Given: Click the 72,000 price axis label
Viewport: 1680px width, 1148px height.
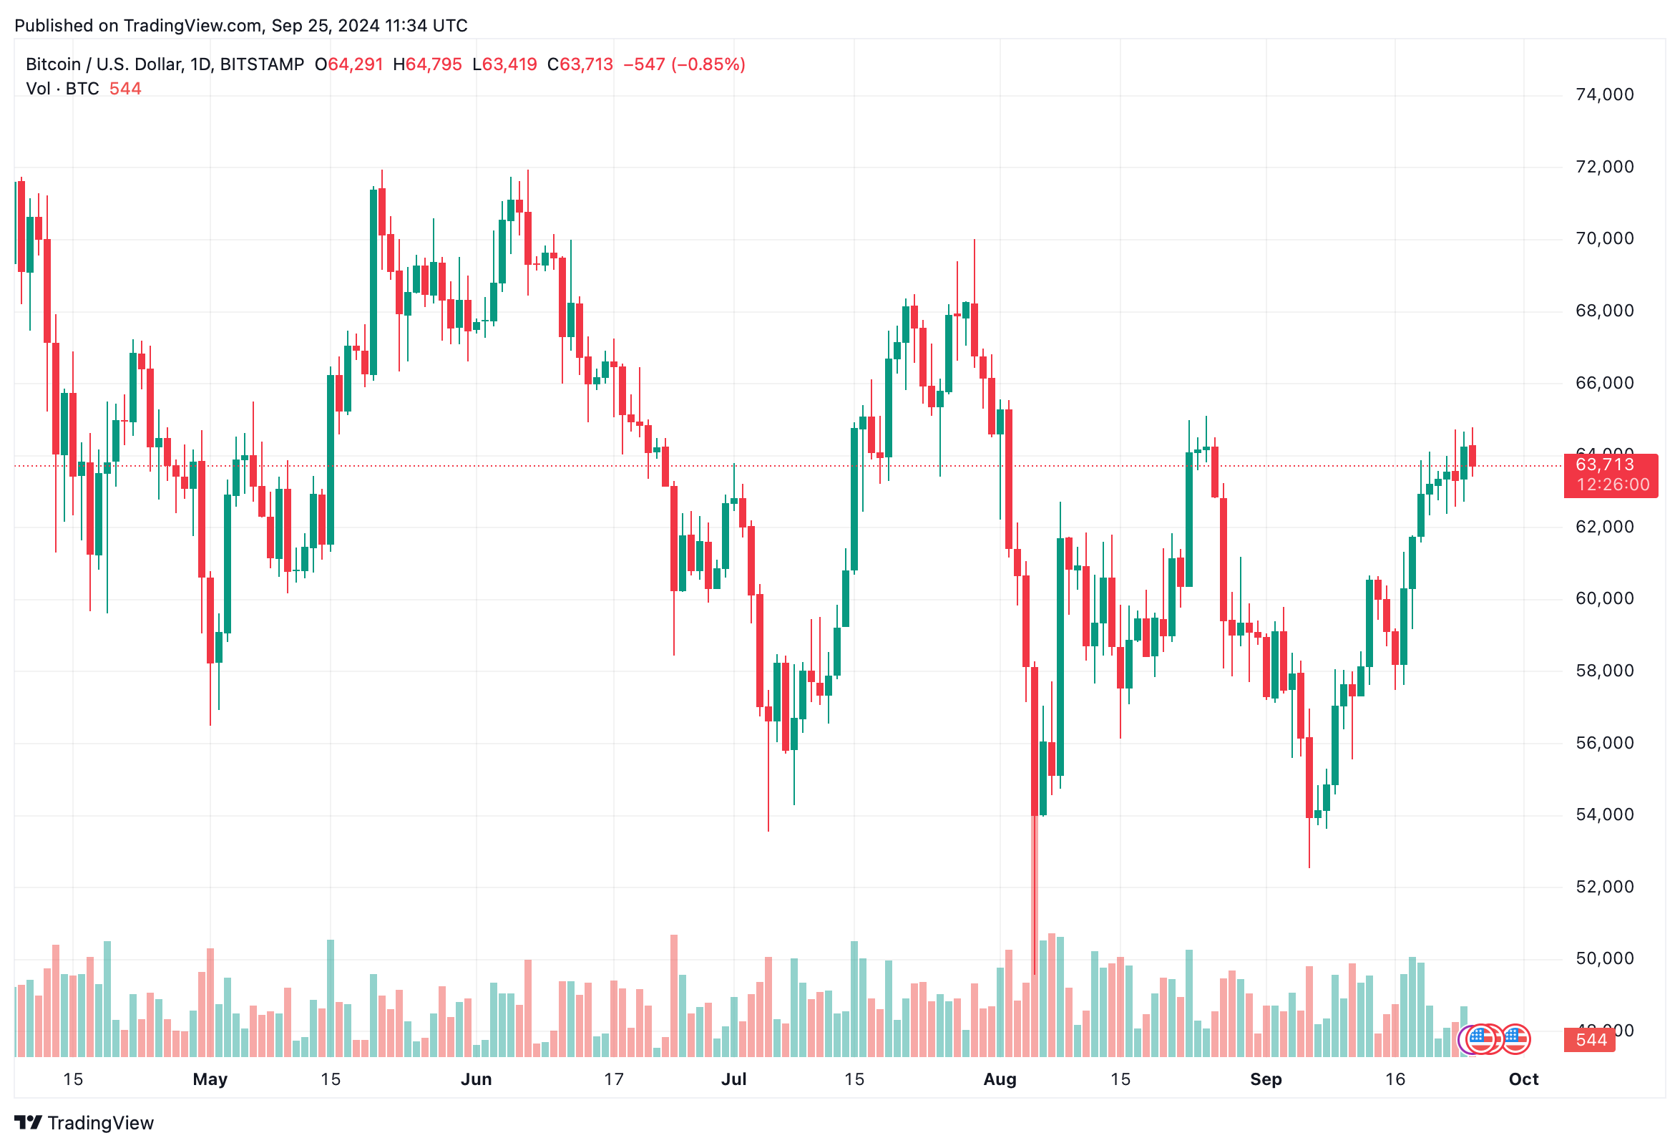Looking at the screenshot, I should point(1604,167).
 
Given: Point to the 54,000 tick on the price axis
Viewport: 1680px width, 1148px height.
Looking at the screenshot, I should point(1604,814).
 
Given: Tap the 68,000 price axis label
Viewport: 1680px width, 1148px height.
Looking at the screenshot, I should point(1604,311).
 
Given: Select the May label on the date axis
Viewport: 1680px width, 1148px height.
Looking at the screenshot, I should point(210,1079).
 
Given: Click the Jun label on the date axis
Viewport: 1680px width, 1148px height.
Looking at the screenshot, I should point(476,1079).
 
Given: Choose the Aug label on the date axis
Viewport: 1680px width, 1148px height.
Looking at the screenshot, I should point(1000,1079).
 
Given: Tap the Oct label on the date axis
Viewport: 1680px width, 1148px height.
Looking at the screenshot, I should point(1523,1079).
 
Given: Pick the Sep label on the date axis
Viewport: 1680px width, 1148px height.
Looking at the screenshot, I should point(1265,1079).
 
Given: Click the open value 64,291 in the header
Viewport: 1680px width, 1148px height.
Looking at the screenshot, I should point(355,64).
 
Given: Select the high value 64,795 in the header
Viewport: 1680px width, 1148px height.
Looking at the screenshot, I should point(433,64).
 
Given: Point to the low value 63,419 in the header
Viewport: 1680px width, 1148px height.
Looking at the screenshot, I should point(509,64).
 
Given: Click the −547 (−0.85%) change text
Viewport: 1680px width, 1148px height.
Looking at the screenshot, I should point(684,64).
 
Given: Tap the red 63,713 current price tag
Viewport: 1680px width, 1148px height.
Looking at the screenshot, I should point(1604,464).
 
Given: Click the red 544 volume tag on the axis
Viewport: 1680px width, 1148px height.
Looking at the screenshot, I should point(1591,1040).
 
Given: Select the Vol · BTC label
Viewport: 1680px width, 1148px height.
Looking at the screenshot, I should point(62,89).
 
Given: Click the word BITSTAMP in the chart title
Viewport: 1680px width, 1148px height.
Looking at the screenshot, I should point(262,64).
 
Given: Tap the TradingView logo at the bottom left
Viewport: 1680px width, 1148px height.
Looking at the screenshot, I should point(84,1123).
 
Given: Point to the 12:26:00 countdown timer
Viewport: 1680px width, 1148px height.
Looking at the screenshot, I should point(1613,485).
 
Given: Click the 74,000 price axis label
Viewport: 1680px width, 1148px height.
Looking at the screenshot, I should point(1604,94).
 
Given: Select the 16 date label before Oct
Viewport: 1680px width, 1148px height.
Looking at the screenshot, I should point(1395,1079).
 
